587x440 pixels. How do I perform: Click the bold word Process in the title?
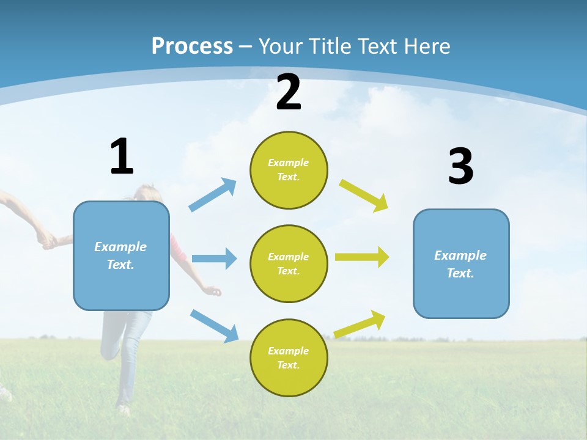192,46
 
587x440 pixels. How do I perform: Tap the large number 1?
122,156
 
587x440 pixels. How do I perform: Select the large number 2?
289,92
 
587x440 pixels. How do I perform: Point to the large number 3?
460,167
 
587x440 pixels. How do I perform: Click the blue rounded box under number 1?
121,255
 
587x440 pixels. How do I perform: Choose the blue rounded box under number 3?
461,264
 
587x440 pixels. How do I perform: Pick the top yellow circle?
289,170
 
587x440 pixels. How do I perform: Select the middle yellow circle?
289,264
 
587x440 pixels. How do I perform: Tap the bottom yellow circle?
289,358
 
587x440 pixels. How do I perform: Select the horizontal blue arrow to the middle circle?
214,258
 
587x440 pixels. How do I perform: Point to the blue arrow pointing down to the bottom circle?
214,325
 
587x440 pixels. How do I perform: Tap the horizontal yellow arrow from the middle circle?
362,257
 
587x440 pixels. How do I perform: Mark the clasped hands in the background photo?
47,241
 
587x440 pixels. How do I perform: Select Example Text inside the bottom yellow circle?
289,358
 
